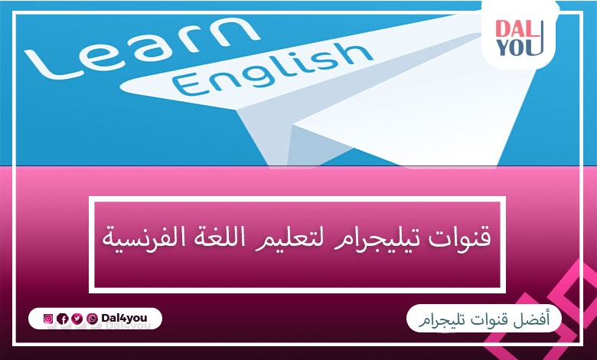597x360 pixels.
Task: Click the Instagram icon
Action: [48, 319]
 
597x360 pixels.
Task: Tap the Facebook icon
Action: [63, 319]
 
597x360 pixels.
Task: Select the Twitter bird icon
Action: [77, 319]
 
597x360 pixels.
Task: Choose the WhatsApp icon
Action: [92, 319]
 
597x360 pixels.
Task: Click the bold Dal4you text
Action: [124, 318]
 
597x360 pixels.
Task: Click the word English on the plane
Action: [272, 69]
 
